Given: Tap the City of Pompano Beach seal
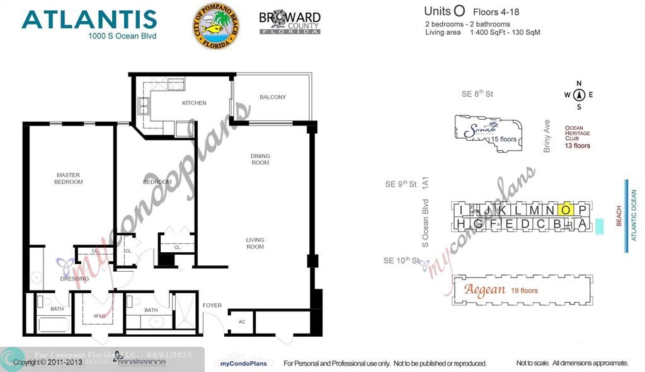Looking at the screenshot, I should [215, 26].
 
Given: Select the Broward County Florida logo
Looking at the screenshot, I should [290, 23].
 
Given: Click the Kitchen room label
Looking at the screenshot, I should [194, 103].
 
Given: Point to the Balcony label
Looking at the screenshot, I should [273, 97].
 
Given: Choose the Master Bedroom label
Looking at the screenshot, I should [69, 178].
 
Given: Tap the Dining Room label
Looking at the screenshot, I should [260, 159].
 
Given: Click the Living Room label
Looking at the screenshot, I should [255, 243].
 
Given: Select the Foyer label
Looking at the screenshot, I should [212, 306].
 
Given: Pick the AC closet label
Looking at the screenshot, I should [242, 321].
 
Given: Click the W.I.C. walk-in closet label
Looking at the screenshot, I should [99, 316].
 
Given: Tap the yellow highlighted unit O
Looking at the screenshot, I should [566, 210].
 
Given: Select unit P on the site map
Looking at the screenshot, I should [582, 210].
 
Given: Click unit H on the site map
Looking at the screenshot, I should [461, 224].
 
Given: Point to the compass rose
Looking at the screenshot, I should [579, 95].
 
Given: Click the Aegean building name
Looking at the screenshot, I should [485, 290].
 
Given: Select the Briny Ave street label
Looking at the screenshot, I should [547, 136].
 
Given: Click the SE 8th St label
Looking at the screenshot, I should [477, 94].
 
